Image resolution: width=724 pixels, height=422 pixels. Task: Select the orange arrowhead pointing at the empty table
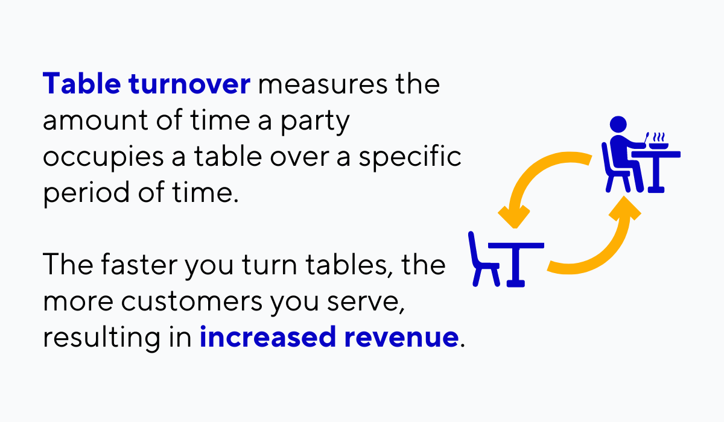pos(513,216)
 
